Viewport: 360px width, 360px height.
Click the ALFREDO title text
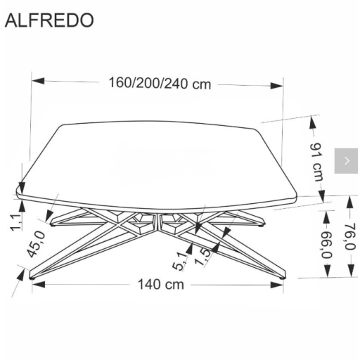(49, 20)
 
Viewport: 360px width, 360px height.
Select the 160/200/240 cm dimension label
(160, 84)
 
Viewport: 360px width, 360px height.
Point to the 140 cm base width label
(160, 284)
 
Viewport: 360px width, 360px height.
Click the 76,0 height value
(349, 237)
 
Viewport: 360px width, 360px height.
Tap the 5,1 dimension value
(180, 261)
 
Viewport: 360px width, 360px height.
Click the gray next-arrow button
(346, 161)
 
